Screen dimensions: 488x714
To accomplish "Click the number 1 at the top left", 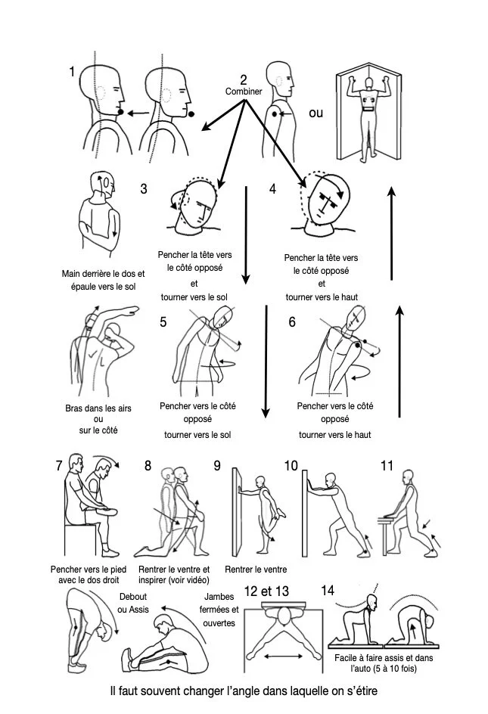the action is pyautogui.click(x=72, y=72).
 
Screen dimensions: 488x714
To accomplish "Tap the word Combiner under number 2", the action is pyautogui.click(x=244, y=92).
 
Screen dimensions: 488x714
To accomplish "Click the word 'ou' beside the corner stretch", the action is pyautogui.click(x=315, y=113).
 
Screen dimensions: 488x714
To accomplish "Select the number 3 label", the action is pyautogui.click(x=144, y=190).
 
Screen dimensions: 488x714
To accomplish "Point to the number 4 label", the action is pyautogui.click(x=273, y=189).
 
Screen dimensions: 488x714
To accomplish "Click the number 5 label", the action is pyautogui.click(x=163, y=321).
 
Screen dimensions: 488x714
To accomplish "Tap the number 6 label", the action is pyautogui.click(x=292, y=321).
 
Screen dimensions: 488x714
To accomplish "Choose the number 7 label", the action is pyautogui.click(x=59, y=466).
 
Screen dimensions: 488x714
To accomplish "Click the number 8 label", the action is pyautogui.click(x=148, y=466).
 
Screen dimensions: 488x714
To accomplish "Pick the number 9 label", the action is pyautogui.click(x=217, y=466).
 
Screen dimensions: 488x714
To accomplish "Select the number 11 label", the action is pyautogui.click(x=387, y=466).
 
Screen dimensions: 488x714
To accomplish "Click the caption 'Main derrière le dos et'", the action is pyautogui.click(x=103, y=273).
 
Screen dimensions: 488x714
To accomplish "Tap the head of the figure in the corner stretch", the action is pyautogui.click(x=368, y=82).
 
